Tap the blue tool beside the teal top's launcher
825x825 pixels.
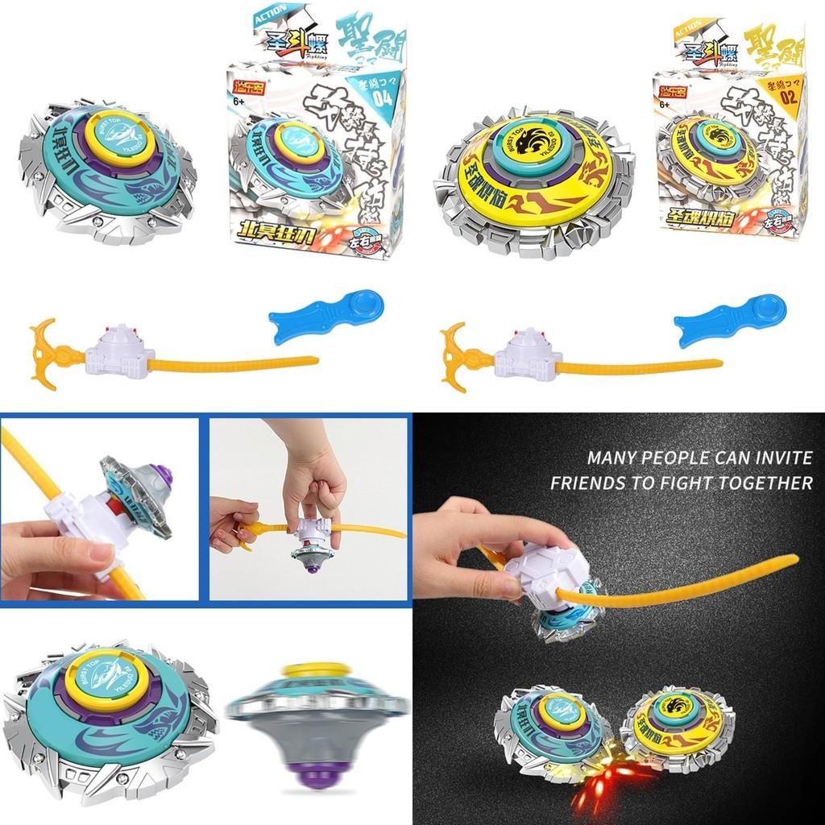click(327, 317)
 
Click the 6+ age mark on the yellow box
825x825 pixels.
click(665, 104)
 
